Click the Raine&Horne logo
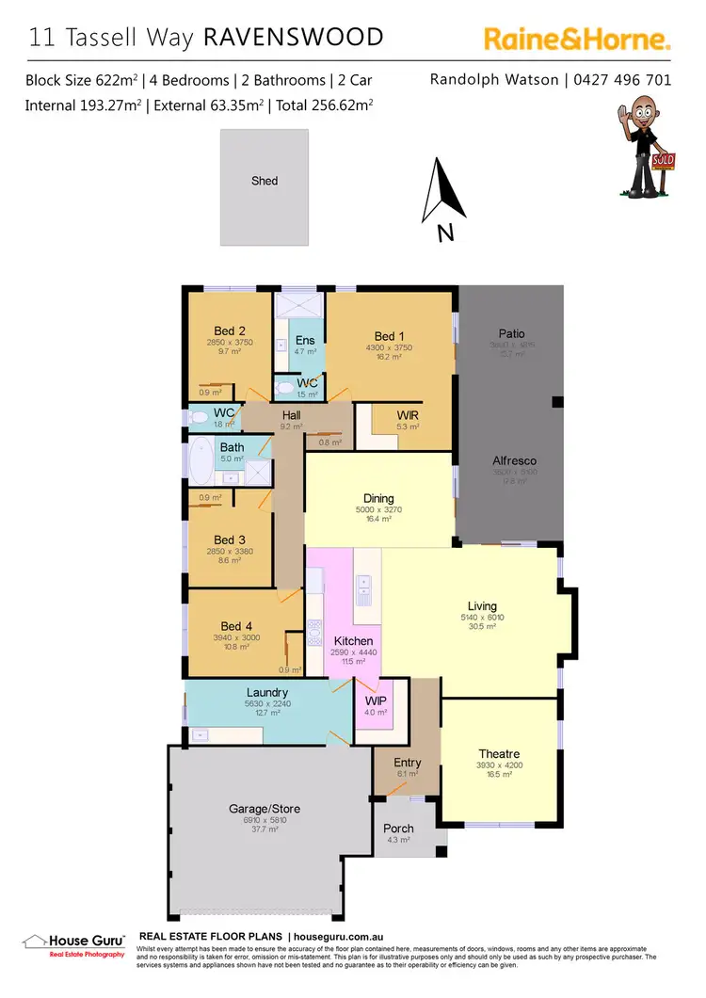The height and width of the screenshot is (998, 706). coord(577,39)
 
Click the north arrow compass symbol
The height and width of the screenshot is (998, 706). coord(444,193)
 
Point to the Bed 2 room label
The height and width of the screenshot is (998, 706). coord(230,330)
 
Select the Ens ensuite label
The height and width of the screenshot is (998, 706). coord(305,340)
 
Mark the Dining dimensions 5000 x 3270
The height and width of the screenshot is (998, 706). coord(378,510)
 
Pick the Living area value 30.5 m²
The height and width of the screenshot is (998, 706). coord(482,628)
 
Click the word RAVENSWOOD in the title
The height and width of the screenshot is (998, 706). coord(294,38)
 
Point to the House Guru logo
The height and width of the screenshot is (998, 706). coord(73,944)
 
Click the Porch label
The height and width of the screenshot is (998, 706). coord(398,829)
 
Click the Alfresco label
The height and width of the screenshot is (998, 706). coord(515,461)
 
